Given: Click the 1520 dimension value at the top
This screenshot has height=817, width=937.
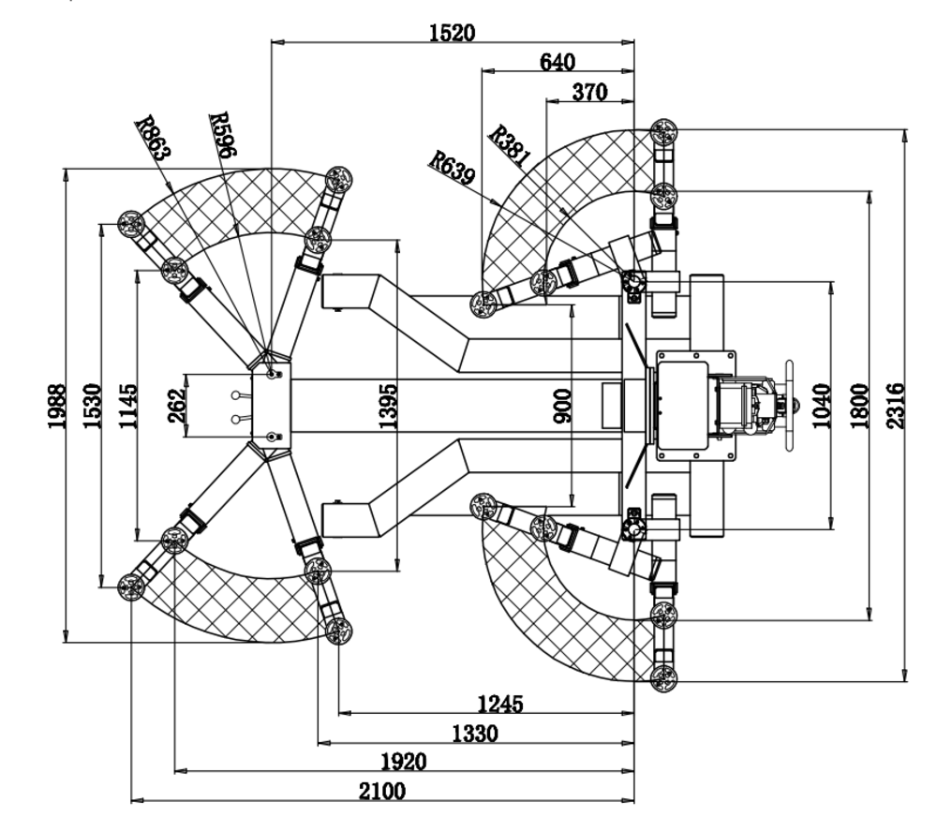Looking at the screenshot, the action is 453,33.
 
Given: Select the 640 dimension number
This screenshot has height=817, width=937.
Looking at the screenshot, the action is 558,62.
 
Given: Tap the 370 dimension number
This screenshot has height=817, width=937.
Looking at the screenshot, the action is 589,92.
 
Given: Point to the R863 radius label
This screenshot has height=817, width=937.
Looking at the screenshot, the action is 154,138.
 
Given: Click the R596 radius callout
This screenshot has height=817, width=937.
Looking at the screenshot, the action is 223,135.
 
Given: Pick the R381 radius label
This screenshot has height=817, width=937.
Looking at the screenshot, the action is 511,145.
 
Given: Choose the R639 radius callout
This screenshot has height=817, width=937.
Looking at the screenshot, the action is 453,168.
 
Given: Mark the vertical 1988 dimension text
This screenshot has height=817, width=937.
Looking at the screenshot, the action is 57,406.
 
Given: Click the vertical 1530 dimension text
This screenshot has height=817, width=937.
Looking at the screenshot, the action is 93,406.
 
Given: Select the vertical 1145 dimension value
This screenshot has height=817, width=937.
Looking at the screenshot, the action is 128,406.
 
